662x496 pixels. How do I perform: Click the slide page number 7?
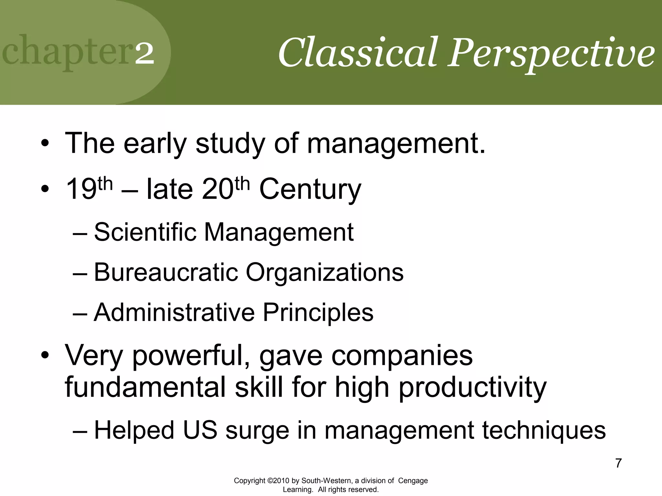618,463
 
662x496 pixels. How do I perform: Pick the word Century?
310,190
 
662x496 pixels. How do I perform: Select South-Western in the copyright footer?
326,480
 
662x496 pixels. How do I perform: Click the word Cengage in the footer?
413,480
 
